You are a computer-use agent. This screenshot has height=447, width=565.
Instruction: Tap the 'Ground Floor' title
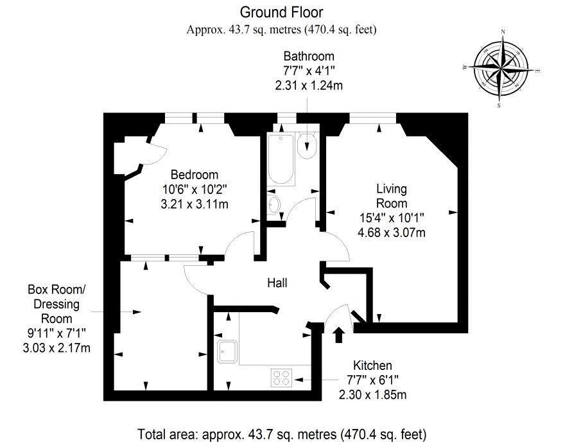281,12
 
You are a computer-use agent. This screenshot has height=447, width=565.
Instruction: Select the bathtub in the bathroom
281,159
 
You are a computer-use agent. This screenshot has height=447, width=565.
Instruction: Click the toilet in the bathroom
307,146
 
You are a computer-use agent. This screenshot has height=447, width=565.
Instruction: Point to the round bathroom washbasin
274,205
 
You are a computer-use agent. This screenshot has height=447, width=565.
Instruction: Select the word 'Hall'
277,283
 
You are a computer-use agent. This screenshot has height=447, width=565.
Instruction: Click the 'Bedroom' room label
194,175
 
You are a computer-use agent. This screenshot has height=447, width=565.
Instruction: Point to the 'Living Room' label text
391,196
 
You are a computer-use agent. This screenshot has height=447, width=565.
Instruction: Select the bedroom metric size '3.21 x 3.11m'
194,204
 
